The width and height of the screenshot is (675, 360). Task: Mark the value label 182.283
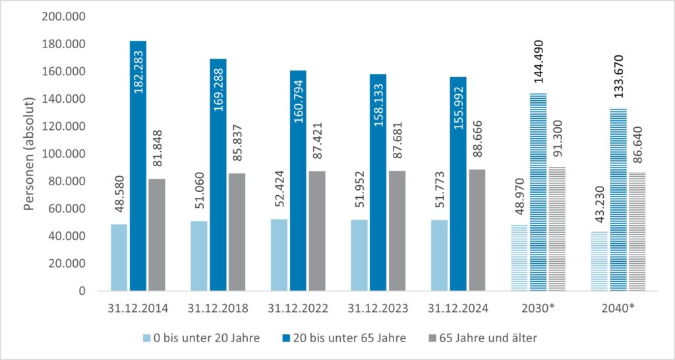tap(138, 67)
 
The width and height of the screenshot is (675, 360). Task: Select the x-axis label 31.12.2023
tap(378, 309)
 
